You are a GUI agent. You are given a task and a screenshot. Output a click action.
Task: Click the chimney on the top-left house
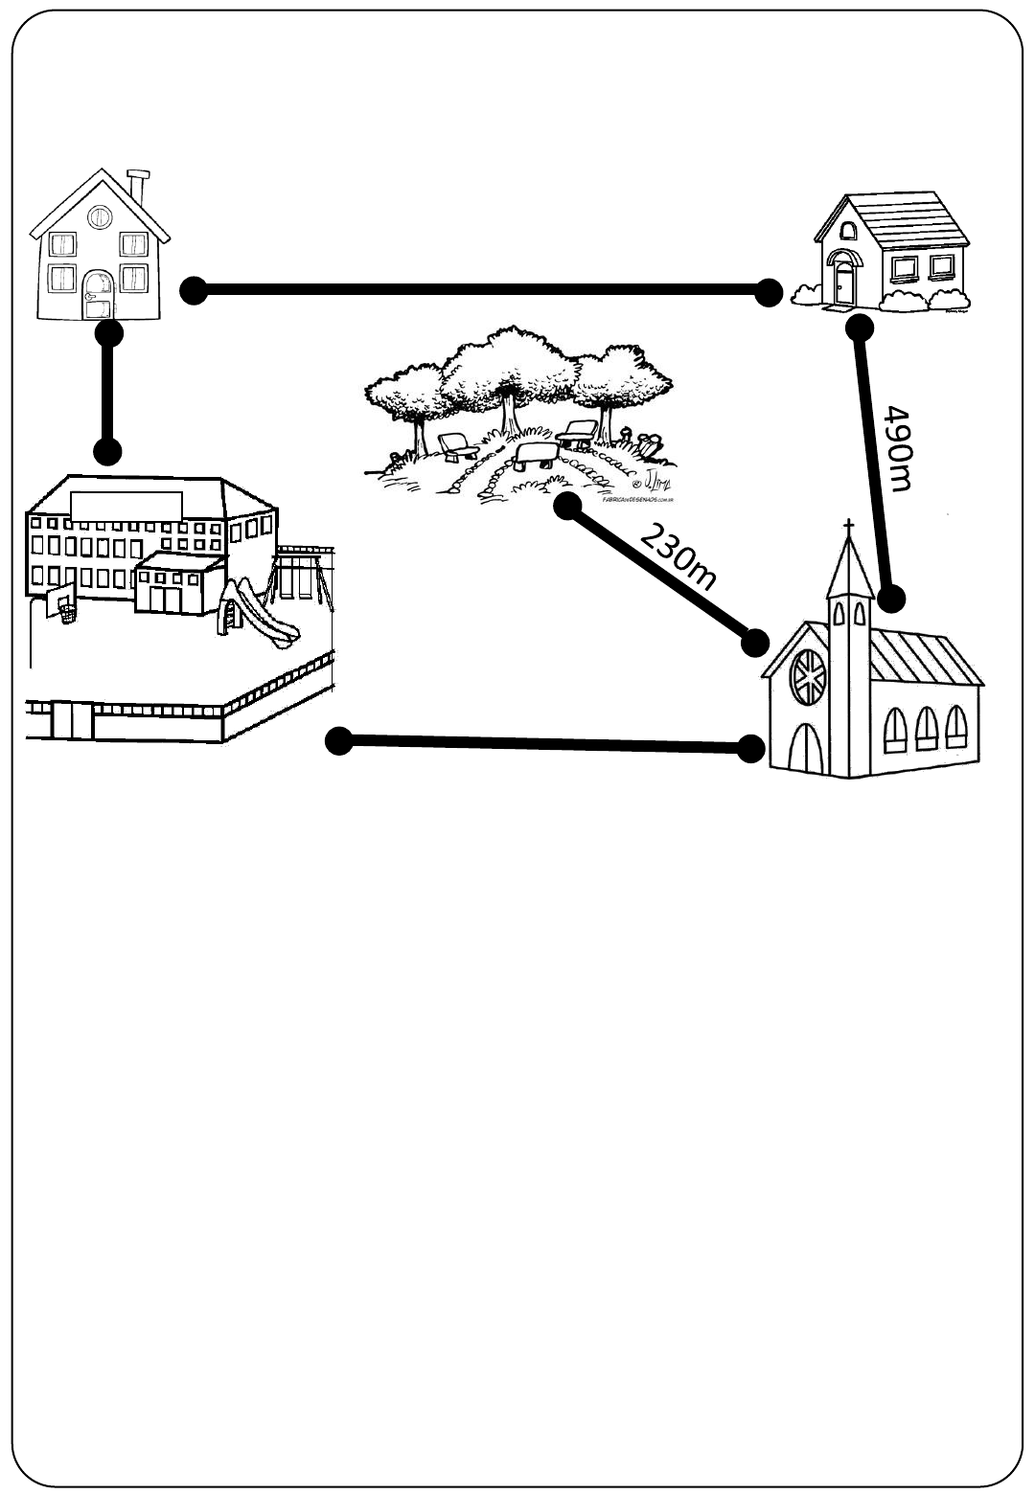click(140, 186)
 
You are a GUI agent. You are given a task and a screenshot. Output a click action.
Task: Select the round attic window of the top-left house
click(99, 217)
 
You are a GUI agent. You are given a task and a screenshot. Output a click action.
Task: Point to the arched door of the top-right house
click(843, 280)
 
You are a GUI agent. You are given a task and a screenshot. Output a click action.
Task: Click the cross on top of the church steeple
click(848, 528)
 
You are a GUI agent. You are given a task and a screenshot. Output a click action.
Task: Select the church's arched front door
click(803, 746)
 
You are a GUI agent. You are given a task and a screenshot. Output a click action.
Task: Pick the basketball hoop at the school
click(63, 609)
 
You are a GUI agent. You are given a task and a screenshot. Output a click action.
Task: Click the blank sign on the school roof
click(126, 507)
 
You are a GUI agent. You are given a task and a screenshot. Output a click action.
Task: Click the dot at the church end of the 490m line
click(891, 600)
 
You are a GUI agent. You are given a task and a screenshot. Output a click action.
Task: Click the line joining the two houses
click(479, 290)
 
